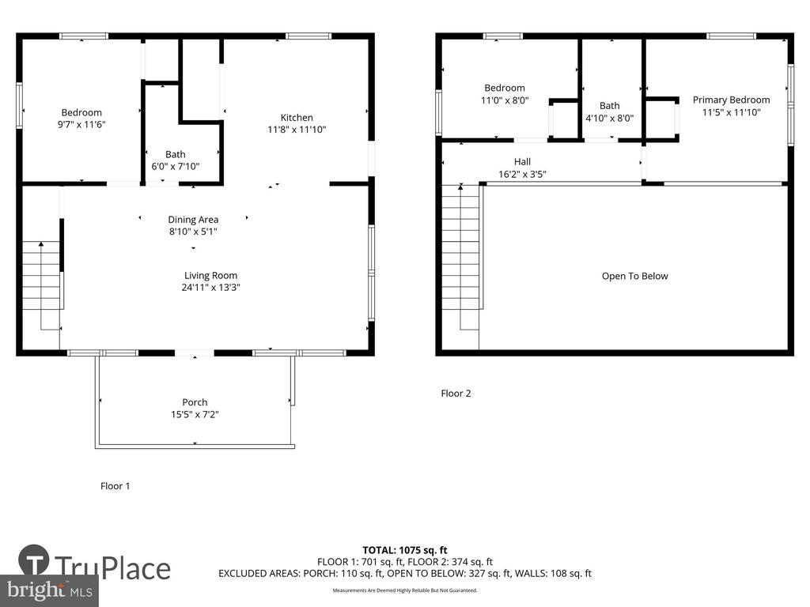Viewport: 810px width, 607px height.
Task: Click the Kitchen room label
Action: coord(297,118)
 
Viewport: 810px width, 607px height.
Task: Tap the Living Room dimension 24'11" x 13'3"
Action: coord(210,288)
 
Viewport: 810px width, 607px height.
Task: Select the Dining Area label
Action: coord(193,220)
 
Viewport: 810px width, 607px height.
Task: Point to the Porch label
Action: coord(195,402)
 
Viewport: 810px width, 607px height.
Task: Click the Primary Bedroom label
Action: coord(731,100)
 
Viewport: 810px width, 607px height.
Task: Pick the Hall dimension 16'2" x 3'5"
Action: coord(522,175)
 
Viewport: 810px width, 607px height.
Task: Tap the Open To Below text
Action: coord(635,276)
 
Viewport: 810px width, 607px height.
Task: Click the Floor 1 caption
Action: coord(115,486)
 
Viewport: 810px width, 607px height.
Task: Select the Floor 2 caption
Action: coord(456,394)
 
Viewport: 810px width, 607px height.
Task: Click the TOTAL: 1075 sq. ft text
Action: coord(405,550)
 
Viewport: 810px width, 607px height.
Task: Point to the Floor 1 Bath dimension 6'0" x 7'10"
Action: coord(175,166)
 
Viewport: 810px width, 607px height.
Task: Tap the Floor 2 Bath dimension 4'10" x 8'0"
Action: coord(610,119)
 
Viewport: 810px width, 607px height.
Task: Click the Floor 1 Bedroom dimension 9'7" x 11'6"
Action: coord(81,124)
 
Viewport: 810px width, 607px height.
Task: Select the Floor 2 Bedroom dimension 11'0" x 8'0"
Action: coord(505,100)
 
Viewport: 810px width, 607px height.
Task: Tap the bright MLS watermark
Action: coord(49,591)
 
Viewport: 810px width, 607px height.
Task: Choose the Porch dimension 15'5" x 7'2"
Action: coord(195,414)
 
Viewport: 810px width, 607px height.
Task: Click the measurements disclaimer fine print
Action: coord(405,590)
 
